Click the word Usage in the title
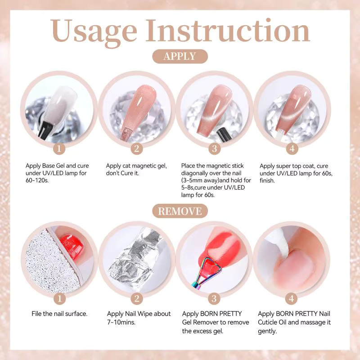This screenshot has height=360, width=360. coord(94,32)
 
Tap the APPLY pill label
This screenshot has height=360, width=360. coord(180,56)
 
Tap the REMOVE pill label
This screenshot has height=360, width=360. coord(180,211)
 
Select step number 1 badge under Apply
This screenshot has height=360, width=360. coord(59,148)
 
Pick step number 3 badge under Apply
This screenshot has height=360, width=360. coord(215,148)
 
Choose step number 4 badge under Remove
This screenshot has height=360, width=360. coord(291,299)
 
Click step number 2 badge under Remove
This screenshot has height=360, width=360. coord(137,299)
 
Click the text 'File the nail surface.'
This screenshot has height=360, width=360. coord(59,314)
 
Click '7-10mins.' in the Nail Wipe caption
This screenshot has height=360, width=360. coord(121,322)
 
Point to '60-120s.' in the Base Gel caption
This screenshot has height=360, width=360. coord(37,180)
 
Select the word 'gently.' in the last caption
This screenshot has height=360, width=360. coord(267,331)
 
